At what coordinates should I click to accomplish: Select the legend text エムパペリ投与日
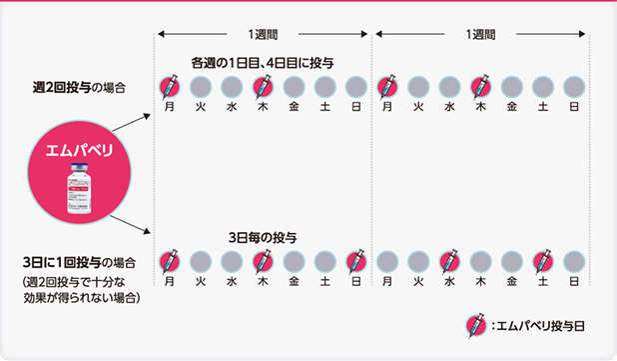coord(537,325)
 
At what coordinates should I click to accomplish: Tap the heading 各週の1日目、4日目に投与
coord(263,63)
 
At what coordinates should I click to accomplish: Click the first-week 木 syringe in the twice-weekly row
coord(262,86)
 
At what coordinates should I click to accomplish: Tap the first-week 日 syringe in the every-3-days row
coord(355,262)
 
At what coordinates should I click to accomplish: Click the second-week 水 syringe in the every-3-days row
coord(449,262)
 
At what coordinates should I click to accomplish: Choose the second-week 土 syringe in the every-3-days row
coord(542,262)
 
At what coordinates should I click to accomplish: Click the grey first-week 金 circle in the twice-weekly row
coord(294,86)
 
